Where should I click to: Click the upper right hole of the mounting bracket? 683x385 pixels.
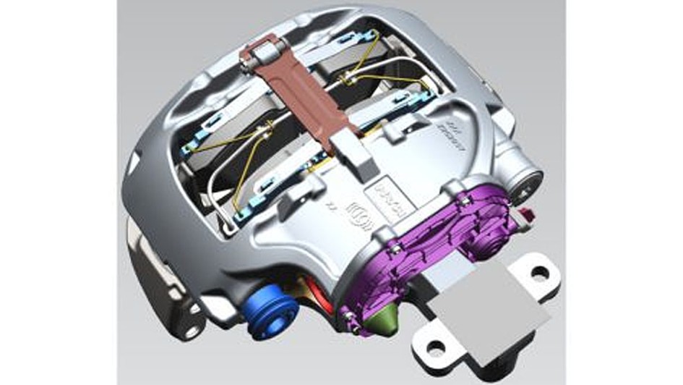[x=539, y=273]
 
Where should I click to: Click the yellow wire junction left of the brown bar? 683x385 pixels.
[x=266, y=130]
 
